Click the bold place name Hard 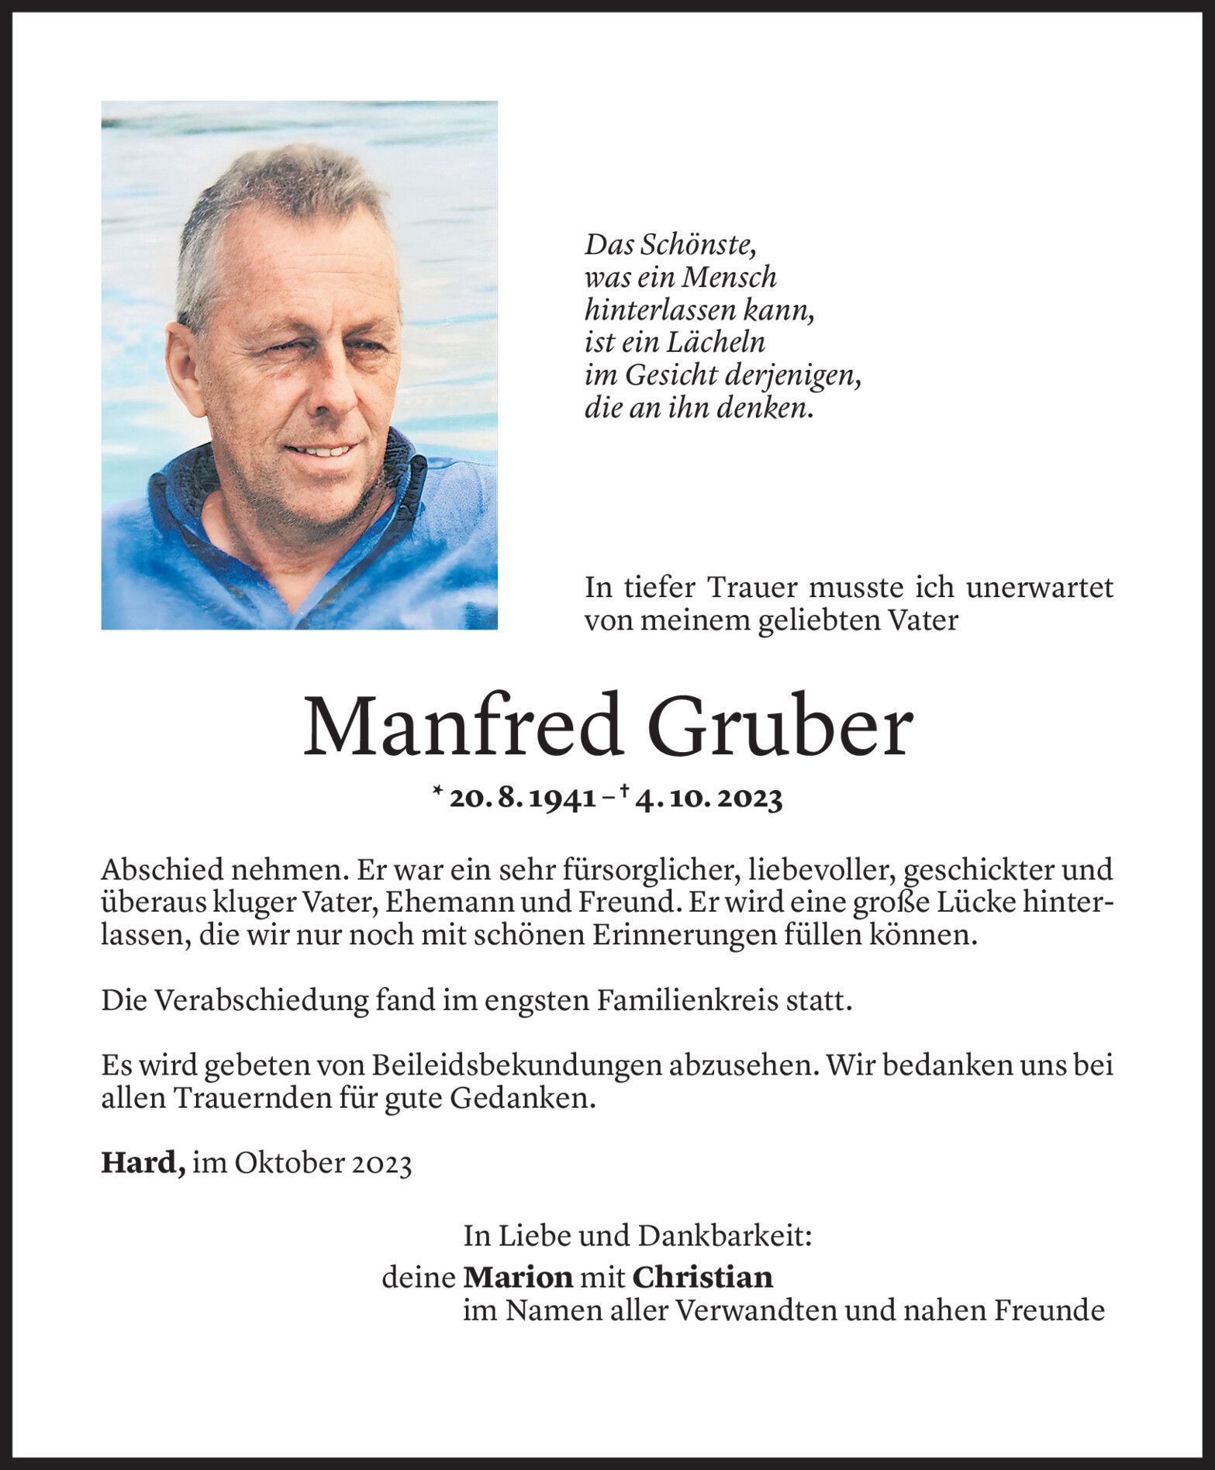(x=142, y=1163)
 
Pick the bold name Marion (x=518, y=1277)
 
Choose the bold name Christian (x=702, y=1277)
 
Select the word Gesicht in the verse (x=671, y=376)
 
